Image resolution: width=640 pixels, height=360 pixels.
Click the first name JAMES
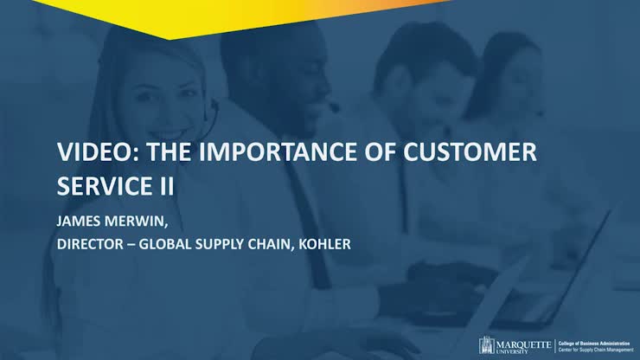[78, 220]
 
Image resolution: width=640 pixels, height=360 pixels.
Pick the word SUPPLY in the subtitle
[242, 243]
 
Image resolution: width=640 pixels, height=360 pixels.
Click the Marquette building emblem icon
[488, 345]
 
